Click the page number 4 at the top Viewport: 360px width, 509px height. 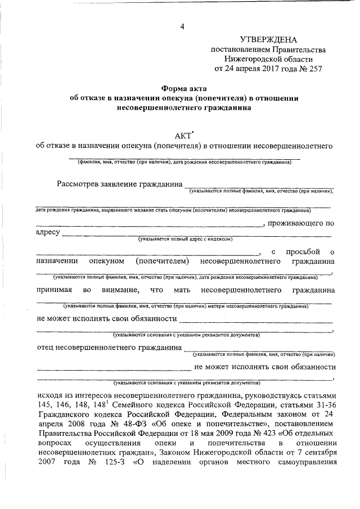click(x=181, y=27)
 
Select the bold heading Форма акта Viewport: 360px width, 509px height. click(x=184, y=88)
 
